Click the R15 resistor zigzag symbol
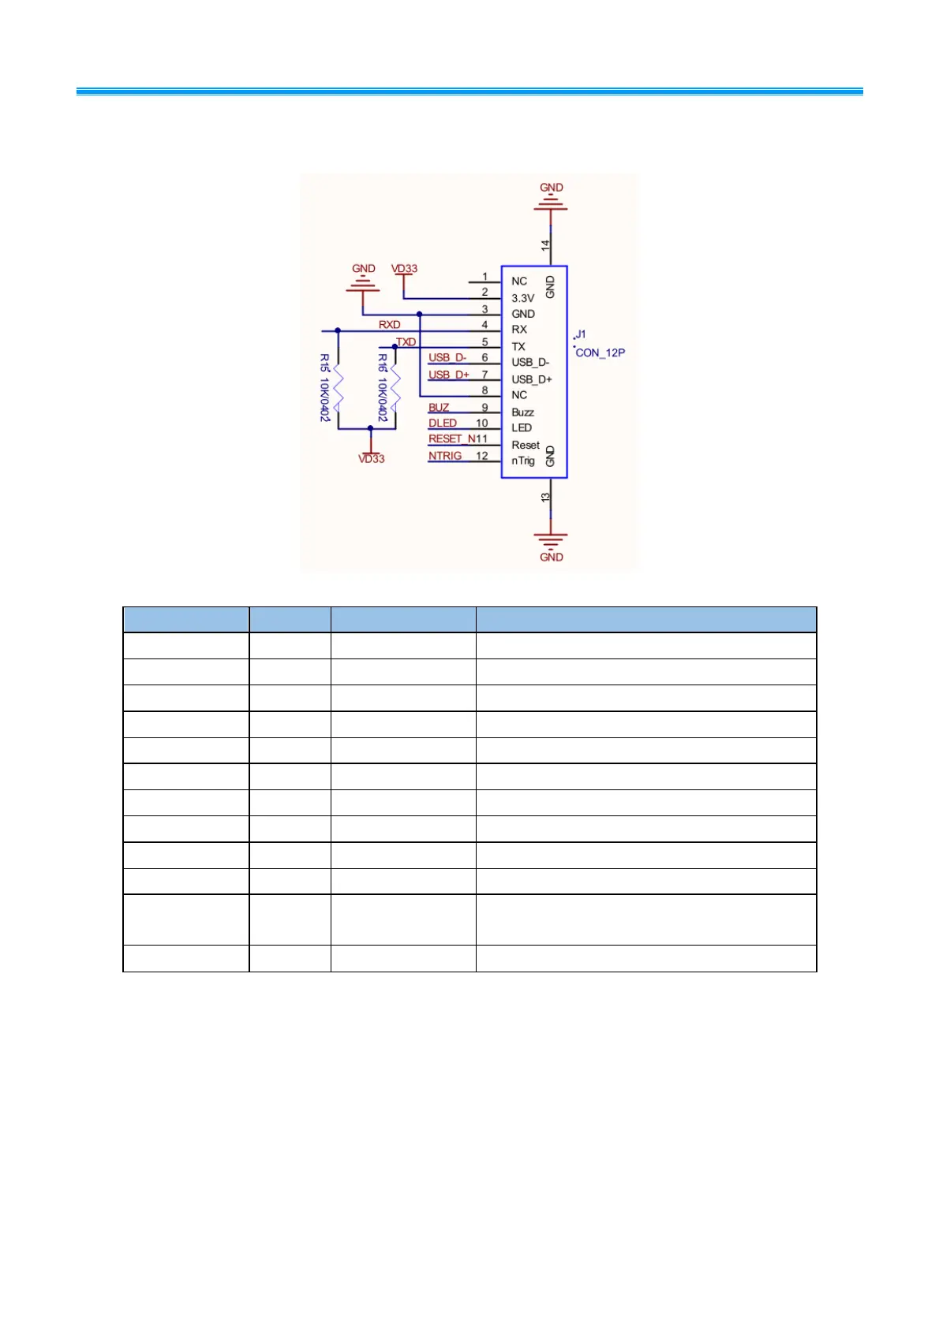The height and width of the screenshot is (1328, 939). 338,388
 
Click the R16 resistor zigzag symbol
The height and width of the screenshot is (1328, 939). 395,388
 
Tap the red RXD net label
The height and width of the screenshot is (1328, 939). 389,325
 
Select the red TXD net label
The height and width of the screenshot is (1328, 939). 406,342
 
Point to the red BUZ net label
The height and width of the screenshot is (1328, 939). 439,408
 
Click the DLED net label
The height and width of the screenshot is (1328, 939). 443,423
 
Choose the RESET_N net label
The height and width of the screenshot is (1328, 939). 452,439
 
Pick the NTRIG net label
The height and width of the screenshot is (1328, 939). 445,456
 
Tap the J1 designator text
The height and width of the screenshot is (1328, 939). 580,334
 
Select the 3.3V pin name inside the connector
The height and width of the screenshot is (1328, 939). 522,298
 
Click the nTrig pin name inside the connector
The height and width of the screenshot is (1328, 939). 522,461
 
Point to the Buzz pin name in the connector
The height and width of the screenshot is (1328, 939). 522,412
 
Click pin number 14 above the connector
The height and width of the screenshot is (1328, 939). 545,246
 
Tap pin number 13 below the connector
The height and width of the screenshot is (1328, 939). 545,498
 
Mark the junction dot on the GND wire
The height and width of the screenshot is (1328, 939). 419,314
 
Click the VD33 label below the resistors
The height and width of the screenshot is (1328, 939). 371,459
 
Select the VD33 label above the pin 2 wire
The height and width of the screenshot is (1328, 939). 404,269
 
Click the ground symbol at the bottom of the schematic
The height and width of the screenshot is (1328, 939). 550,539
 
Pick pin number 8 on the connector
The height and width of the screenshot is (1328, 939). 484,390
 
